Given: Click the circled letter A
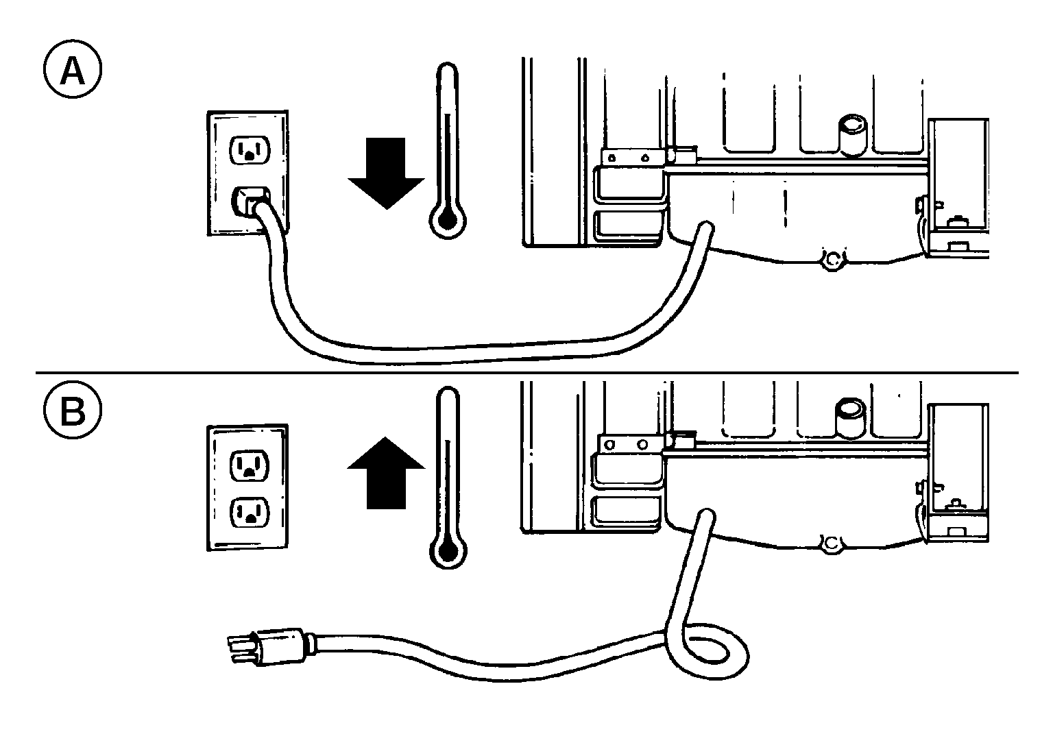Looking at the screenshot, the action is pos(73,69).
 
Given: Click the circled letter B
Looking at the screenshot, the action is pos(73,411).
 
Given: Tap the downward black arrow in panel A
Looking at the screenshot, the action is pos(386,173).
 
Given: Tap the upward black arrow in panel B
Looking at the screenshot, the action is pos(386,472).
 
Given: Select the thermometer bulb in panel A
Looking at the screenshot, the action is pos(448,220).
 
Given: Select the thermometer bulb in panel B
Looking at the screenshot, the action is pos(448,550).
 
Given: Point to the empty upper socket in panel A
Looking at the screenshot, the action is pos(250,150).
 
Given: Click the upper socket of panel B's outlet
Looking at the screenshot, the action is pos(250,465).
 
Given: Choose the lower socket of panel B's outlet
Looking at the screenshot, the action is pos(250,513).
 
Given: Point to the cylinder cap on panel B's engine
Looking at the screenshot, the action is pos(850,418).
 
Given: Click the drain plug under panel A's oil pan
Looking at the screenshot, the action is pos(833,261).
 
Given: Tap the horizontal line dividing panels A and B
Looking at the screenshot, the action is pos(527,373).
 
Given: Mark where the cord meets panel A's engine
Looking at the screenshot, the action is pos(705,229).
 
